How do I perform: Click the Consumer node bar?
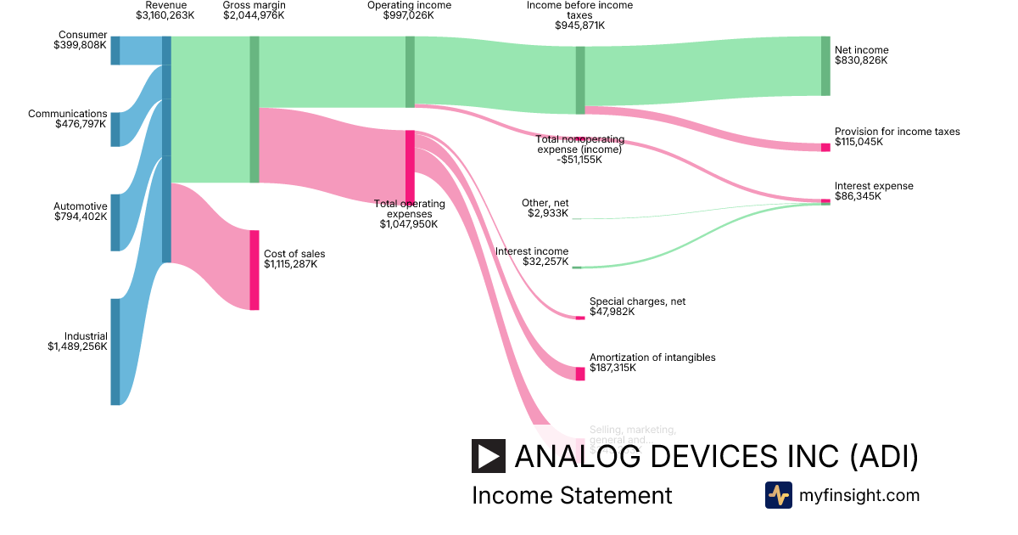click(115, 51)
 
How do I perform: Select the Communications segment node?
click(115, 129)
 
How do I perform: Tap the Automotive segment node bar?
click(115, 222)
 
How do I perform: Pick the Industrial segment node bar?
click(115, 352)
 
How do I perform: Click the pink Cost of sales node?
click(254, 270)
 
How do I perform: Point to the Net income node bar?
click(825, 66)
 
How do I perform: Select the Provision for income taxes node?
click(825, 148)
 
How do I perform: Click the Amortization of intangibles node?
click(580, 374)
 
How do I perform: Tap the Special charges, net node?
click(580, 318)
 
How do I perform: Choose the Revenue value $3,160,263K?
click(165, 15)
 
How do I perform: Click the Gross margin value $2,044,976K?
click(254, 15)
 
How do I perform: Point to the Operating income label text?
click(409, 5)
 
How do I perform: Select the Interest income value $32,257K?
click(545, 262)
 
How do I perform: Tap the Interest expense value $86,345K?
click(858, 196)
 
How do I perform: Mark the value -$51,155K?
click(579, 160)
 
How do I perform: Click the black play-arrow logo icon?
click(489, 456)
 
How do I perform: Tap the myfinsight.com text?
click(859, 495)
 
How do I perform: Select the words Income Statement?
click(572, 495)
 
